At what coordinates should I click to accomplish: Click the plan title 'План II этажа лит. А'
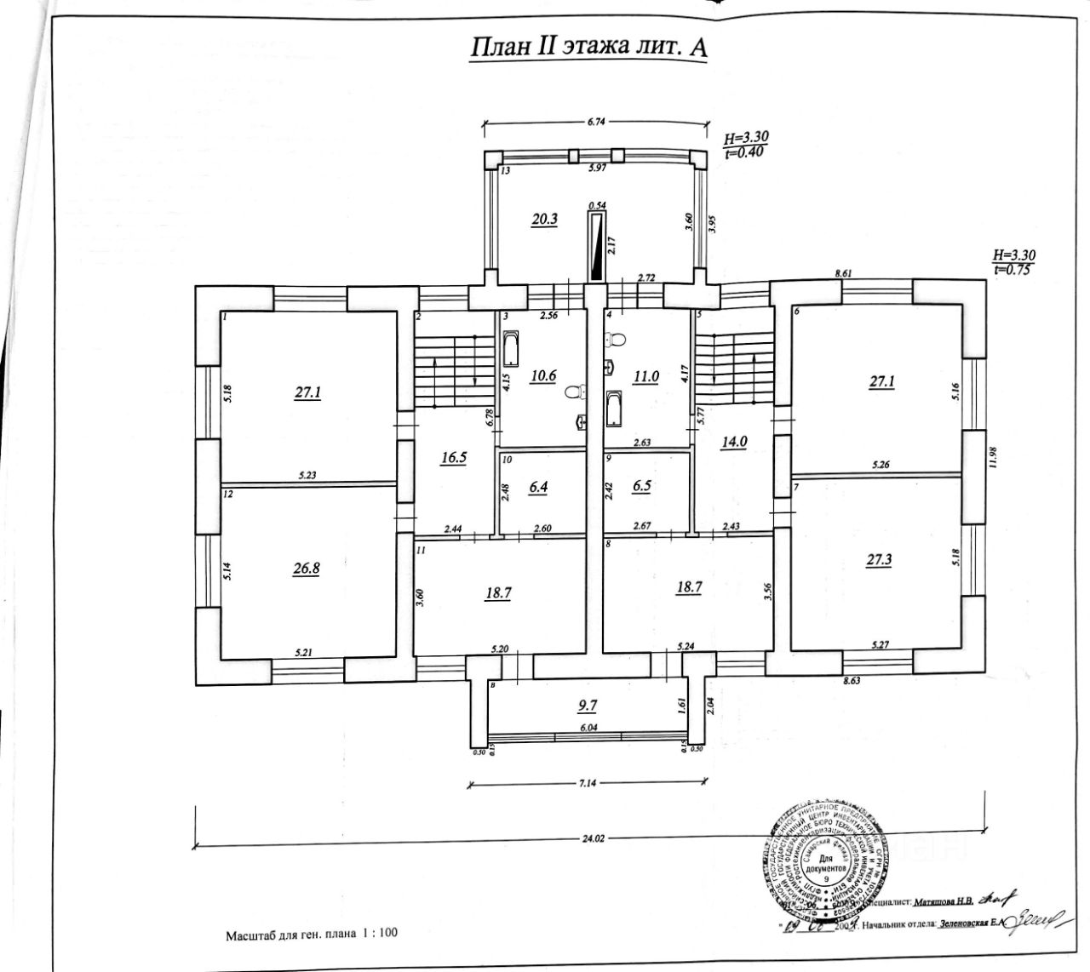coord(588,46)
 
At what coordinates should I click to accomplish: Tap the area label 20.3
coord(544,219)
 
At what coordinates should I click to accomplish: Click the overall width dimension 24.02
coord(593,838)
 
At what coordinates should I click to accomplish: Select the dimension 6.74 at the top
coord(595,121)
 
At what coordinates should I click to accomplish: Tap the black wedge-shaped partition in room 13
coord(596,248)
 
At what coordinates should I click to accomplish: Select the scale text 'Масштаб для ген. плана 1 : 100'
coord(311,934)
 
